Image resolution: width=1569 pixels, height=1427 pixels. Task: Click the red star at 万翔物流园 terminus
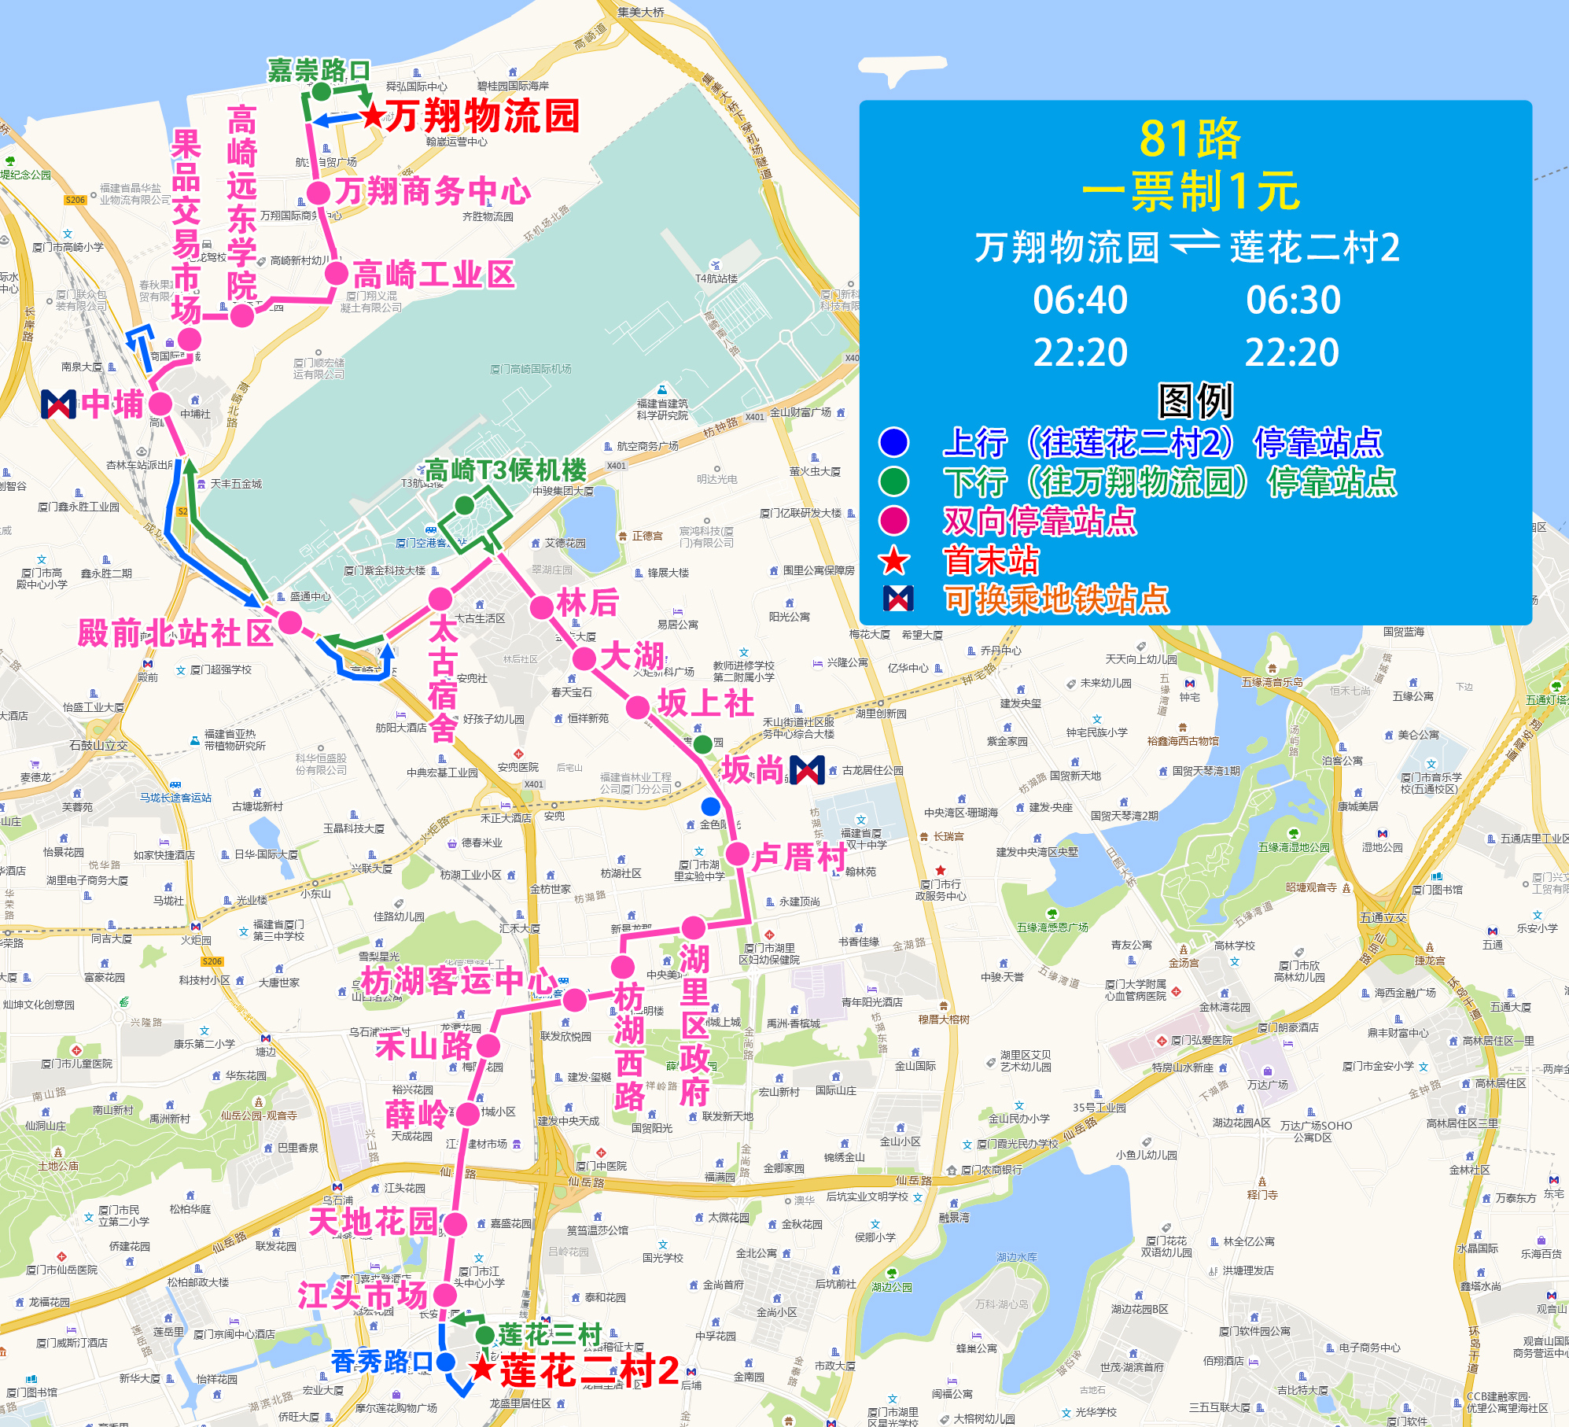pyautogui.click(x=373, y=116)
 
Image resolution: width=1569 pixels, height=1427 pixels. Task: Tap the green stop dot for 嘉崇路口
pyautogui.click(x=321, y=91)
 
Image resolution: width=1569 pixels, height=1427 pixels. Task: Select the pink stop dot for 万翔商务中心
pyautogui.click(x=318, y=193)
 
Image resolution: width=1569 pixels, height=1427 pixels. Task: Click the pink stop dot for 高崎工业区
pyautogui.click(x=337, y=274)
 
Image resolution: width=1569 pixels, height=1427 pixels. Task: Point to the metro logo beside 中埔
pyautogui.click(x=59, y=404)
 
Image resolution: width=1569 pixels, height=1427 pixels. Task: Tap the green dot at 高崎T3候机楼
pyautogui.click(x=464, y=506)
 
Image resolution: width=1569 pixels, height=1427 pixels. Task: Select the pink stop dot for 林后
pyautogui.click(x=542, y=607)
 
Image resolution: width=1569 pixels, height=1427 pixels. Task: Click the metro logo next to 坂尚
pyautogui.click(x=807, y=770)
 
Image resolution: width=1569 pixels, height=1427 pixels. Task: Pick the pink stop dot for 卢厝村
pyautogui.click(x=738, y=854)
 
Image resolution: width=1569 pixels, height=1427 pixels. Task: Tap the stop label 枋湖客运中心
pyautogui.click(x=458, y=981)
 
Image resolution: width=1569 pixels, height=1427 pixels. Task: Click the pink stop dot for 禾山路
pyautogui.click(x=488, y=1045)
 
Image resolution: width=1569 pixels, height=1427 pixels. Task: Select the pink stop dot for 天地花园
pyautogui.click(x=455, y=1224)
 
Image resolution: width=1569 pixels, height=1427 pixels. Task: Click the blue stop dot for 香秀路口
pyautogui.click(x=445, y=1362)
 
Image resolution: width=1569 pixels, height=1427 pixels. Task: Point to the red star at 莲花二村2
pyautogui.click(x=482, y=1369)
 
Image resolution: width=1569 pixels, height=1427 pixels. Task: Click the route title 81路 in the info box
pyautogui.click(x=1190, y=139)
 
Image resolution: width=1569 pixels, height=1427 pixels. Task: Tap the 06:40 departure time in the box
pyautogui.click(x=1080, y=300)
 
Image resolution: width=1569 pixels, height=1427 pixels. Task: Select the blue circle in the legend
pyautogui.click(x=893, y=442)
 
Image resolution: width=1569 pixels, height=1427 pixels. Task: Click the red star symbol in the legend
pyautogui.click(x=893, y=561)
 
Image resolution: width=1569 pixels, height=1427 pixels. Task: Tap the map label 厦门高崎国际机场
pyautogui.click(x=531, y=369)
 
